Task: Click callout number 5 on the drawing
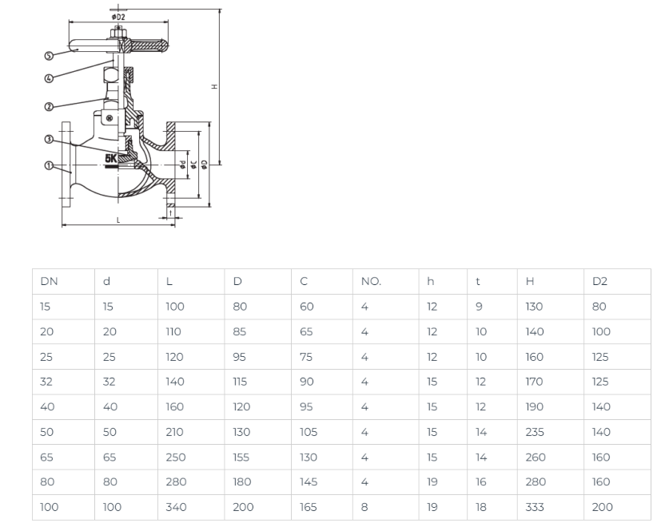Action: click(49, 56)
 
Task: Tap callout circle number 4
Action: click(49, 78)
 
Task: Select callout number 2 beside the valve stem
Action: click(49, 106)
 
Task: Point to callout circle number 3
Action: click(49, 139)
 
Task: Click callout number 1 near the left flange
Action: click(49, 165)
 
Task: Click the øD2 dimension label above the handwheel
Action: click(118, 17)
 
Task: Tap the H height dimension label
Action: click(214, 86)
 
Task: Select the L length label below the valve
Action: click(118, 220)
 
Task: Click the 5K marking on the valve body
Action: click(111, 158)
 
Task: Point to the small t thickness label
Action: click(170, 213)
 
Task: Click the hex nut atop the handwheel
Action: click(118, 33)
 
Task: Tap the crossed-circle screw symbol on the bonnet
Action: click(110, 118)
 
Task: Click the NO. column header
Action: click(371, 281)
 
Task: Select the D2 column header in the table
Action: click(599, 281)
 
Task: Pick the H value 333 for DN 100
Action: click(535, 507)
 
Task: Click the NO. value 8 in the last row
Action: click(364, 507)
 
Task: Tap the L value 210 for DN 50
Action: click(174, 432)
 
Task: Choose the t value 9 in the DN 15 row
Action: click(479, 307)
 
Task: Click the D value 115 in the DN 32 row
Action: click(240, 382)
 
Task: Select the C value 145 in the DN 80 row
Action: click(309, 482)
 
